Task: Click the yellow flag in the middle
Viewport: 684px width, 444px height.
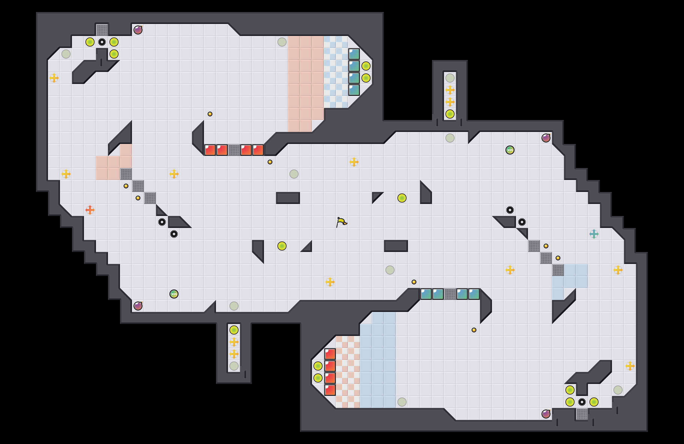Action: (x=341, y=222)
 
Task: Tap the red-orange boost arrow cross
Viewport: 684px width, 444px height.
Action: (x=90, y=210)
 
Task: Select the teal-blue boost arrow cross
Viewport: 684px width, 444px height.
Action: (x=594, y=234)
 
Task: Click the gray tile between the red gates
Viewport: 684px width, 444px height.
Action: (x=234, y=150)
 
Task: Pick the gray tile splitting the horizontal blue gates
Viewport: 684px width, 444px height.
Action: (x=450, y=294)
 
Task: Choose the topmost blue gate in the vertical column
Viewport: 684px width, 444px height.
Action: (x=354, y=54)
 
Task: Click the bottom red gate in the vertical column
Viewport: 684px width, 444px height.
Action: (x=330, y=390)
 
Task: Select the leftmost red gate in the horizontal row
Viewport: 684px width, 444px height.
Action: (x=210, y=150)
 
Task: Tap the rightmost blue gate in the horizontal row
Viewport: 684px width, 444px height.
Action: (x=474, y=294)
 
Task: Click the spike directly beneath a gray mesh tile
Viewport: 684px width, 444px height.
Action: (x=102, y=42)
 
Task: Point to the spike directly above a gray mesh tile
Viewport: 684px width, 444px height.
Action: (x=582, y=402)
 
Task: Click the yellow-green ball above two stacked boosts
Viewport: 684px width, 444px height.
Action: (x=234, y=330)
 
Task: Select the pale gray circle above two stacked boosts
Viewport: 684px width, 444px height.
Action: (x=450, y=78)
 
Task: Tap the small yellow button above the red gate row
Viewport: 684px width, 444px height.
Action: (x=210, y=114)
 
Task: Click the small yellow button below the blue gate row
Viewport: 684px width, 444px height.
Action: (x=474, y=330)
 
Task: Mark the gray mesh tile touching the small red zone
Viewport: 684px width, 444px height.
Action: (x=126, y=174)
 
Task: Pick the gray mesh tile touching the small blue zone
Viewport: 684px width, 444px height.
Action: (x=558, y=270)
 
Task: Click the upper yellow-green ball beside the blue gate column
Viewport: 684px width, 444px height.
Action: (x=366, y=66)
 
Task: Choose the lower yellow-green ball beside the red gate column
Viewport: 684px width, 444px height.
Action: (x=318, y=378)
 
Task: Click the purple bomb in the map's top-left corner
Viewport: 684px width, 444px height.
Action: (x=138, y=30)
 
